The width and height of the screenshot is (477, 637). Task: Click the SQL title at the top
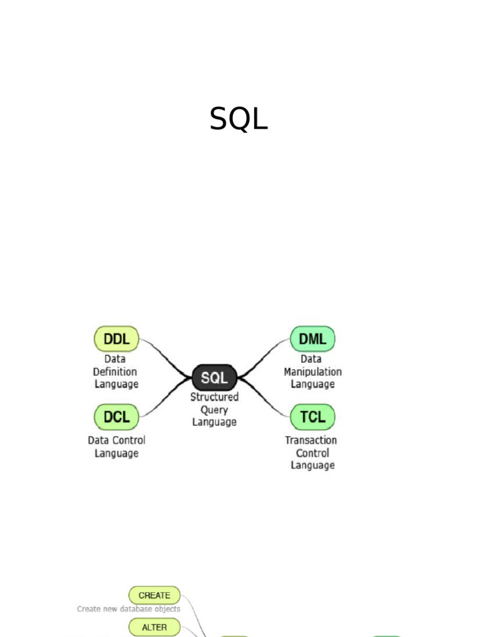(238, 119)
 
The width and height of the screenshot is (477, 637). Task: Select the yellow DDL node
(116, 340)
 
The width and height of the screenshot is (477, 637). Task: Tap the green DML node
(312, 340)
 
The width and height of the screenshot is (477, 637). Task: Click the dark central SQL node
(214, 377)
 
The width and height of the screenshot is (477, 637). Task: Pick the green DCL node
(116, 417)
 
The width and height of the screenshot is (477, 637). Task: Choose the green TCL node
(312, 417)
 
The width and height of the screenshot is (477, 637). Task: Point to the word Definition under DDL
(115, 371)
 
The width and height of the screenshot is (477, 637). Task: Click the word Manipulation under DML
(312, 371)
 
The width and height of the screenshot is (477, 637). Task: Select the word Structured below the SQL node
(214, 396)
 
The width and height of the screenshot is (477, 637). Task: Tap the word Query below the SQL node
(214, 409)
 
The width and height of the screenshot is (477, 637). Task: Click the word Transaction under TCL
(311, 440)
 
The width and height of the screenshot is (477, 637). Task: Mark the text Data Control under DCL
(116, 440)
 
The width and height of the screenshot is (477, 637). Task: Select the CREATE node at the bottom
(154, 595)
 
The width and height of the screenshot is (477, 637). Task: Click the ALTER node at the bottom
(154, 627)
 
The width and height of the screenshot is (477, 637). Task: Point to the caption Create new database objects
(129, 609)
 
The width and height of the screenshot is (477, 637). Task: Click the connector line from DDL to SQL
(163, 355)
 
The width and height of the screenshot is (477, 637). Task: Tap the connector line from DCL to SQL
(163, 401)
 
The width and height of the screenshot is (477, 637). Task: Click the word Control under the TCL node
(312, 453)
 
